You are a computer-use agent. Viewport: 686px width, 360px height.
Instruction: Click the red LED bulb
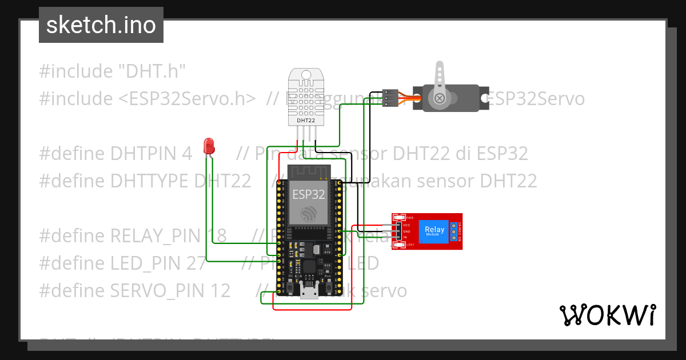click(209, 145)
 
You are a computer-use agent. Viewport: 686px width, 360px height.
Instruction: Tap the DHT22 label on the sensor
click(306, 121)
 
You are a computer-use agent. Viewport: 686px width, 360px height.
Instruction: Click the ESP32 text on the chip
click(309, 194)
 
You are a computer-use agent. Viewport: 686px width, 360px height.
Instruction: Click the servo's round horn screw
click(440, 99)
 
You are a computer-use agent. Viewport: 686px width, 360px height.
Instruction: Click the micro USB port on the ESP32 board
click(309, 293)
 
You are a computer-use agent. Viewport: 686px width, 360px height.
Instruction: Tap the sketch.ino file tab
click(101, 25)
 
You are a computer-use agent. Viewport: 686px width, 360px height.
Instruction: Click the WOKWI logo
click(607, 315)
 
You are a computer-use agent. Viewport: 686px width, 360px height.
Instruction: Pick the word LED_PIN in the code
click(146, 263)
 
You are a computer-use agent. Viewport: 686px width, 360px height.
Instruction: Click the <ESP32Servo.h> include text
click(187, 99)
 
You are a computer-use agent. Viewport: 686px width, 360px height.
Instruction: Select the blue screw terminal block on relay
click(453, 231)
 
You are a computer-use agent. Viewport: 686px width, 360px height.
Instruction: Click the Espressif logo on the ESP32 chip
click(309, 214)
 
